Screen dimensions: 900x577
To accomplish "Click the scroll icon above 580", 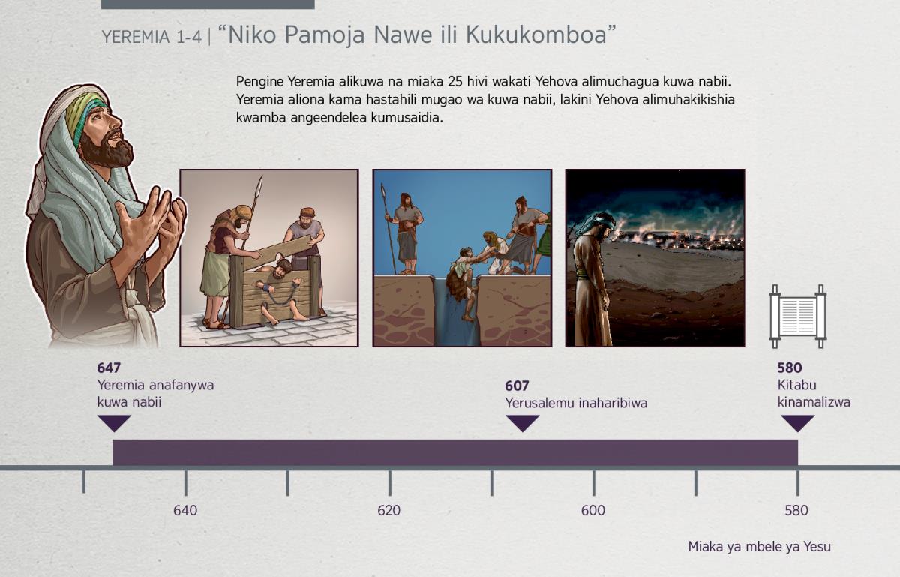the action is tap(797, 316).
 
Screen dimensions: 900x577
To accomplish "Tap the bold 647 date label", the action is tap(109, 368).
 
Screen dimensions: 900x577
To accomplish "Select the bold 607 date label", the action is tap(517, 386).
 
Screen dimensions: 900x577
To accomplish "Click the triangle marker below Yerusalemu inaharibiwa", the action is tap(522, 423).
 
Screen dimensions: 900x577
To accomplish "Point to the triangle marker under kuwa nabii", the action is tap(114, 423).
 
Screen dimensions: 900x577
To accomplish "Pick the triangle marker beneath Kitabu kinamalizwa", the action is tap(797, 423).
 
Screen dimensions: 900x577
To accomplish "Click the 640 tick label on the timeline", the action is tap(185, 510).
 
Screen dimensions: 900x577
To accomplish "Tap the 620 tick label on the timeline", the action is tap(389, 510).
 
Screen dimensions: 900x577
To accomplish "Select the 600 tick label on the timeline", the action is tap(593, 510).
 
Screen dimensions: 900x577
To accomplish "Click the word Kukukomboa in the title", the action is tap(536, 35).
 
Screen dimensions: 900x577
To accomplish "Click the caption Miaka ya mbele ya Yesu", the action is tap(759, 547).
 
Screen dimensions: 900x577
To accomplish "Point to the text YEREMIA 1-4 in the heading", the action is tap(151, 37).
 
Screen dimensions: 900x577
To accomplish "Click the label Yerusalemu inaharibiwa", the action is tap(576, 403).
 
